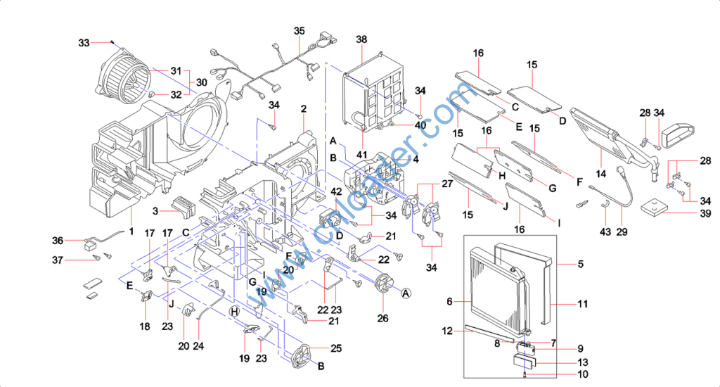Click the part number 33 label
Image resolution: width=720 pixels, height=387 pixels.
(x=84, y=43)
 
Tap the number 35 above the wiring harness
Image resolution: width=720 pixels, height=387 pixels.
(x=300, y=32)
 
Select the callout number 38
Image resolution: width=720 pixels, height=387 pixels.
(x=362, y=39)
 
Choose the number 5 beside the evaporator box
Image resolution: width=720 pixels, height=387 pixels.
(x=581, y=265)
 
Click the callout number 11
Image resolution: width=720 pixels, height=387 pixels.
(x=581, y=304)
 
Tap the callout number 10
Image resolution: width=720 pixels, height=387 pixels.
(x=582, y=374)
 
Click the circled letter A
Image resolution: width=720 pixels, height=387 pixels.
(x=406, y=294)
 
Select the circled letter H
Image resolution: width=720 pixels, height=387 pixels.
(x=235, y=311)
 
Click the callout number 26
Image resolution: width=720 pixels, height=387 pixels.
(x=382, y=317)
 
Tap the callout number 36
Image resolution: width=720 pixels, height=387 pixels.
(x=58, y=240)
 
